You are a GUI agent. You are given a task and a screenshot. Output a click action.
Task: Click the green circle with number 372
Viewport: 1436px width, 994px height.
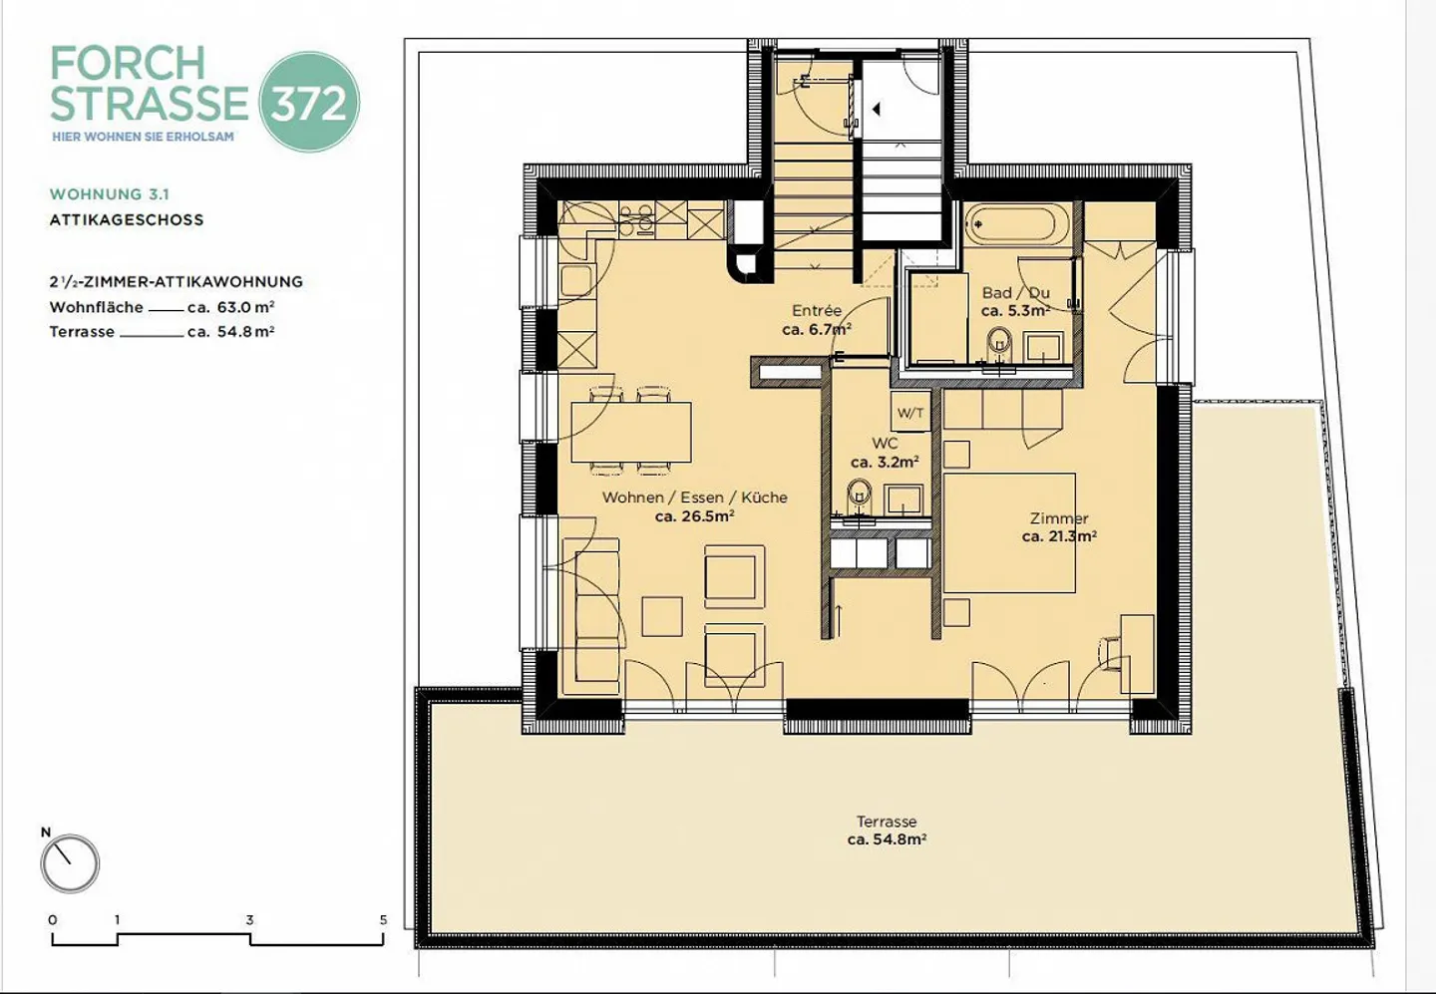click(x=309, y=102)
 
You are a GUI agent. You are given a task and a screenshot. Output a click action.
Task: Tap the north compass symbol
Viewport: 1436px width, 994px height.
click(x=70, y=863)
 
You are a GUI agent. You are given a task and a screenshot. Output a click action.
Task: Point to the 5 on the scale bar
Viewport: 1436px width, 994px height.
click(x=383, y=919)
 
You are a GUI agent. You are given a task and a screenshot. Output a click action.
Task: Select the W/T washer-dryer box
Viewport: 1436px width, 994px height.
click(x=910, y=413)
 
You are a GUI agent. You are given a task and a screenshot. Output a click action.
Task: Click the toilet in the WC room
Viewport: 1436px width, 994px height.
click(x=860, y=495)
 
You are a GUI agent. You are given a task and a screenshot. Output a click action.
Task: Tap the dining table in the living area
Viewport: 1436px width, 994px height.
click(x=630, y=432)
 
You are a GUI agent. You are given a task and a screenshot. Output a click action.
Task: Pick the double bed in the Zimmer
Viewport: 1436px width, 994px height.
click(x=1009, y=533)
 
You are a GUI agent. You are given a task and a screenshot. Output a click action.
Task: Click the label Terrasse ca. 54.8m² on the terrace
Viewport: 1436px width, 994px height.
click(x=887, y=830)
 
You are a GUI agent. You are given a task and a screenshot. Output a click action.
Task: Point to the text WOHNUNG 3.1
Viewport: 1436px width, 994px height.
click(x=110, y=194)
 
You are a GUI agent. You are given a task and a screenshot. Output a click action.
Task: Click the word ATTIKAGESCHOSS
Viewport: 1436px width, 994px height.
click(x=127, y=219)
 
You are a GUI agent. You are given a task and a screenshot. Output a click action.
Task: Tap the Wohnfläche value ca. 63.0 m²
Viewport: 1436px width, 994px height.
click(x=230, y=308)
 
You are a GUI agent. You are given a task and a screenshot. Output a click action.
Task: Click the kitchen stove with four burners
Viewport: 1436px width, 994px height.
click(x=635, y=219)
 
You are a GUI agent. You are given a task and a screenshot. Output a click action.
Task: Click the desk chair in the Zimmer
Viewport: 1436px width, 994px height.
click(x=1110, y=654)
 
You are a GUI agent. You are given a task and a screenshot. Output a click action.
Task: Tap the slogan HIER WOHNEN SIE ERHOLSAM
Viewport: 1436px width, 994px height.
click(x=143, y=137)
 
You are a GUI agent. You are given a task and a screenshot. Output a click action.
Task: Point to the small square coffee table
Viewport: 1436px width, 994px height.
click(x=662, y=616)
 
